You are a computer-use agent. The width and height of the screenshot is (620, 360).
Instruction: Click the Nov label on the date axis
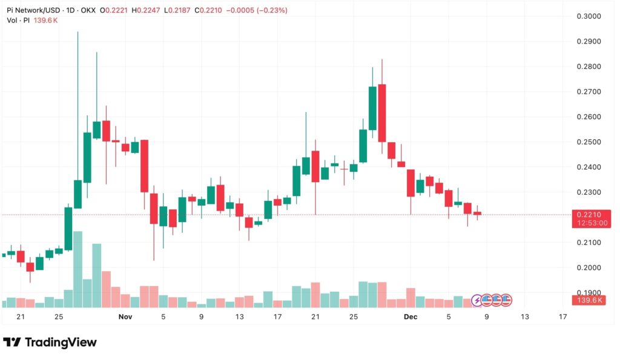pos(125,316)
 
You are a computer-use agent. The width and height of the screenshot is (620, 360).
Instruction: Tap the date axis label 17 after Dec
pos(562,316)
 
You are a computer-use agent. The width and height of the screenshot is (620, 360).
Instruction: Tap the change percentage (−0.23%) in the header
pos(270,10)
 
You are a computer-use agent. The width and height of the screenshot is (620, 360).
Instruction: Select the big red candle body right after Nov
pos(145,166)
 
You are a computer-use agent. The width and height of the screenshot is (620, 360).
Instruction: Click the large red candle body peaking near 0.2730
pos(382,113)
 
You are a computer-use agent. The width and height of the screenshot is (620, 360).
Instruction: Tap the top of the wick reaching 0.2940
pos(77,33)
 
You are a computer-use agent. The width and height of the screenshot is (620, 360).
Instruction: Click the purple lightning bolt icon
pos(478,299)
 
